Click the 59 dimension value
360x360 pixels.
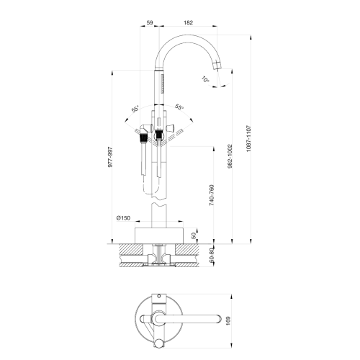tap(149, 23)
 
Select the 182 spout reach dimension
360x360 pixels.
tap(187, 23)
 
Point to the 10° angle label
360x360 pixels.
tap(205, 80)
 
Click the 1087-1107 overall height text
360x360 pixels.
tap(248, 137)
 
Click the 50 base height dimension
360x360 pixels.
tap(193, 235)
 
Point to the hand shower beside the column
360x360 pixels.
tap(145, 155)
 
